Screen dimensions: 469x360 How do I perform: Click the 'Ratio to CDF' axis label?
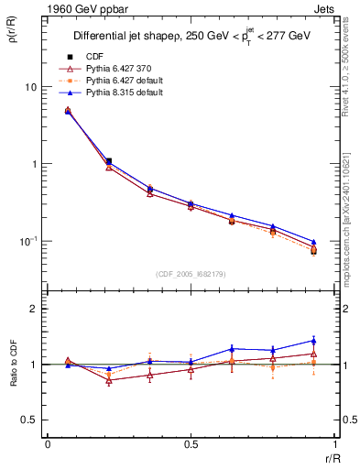coord(14,365)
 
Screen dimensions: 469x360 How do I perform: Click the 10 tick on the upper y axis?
coord(30,87)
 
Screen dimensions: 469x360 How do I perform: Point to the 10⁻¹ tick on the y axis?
coord(28,240)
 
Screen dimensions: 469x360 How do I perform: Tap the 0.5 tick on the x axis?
coord(191,446)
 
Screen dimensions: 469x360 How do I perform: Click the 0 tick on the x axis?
coord(47,446)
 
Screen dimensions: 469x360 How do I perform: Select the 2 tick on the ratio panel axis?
coord(35,309)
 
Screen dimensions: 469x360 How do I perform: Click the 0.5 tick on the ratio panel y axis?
coord(30,420)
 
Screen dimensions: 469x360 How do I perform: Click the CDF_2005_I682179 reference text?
coord(191,274)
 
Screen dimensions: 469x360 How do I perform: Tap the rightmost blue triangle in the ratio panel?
coord(313,341)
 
